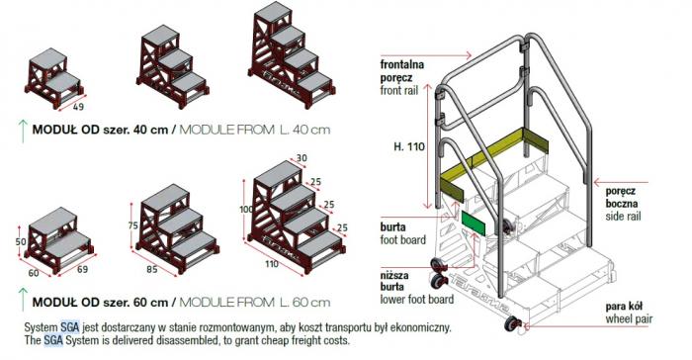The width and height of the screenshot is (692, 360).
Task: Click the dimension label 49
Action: click(x=78, y=107)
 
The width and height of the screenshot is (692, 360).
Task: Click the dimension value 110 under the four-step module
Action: click(x=272, y=264)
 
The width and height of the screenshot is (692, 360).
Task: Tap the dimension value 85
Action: click(x=152, y=269)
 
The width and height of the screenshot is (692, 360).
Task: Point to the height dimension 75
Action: click(x=132, y=225)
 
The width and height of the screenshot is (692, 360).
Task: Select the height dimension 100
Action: click(x=246, y=209)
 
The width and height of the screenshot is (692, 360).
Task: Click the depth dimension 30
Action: click(x=302, y=158)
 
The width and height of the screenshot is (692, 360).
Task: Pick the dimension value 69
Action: click(x=82, y=269)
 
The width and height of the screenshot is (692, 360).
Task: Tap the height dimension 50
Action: click(x=21, y=241)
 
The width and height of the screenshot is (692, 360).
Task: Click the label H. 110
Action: click(x=408, y=146)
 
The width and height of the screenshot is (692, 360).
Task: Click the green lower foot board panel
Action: click(x=474, y=224)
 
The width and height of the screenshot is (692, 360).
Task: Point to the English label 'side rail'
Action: click(x=623, y=216)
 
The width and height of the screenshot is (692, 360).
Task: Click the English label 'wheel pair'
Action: click(x=629, y=318)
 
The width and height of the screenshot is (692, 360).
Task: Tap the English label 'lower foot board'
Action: click(x=417, y=299)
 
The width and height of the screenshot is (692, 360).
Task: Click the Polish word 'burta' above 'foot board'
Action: click(x=392, y=227)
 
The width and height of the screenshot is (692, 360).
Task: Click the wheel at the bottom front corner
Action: click(x=512, y=323)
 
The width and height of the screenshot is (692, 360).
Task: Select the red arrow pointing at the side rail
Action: click(x=622, y=182)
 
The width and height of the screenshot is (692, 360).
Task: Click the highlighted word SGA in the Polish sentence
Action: click(x=70, y=327)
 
